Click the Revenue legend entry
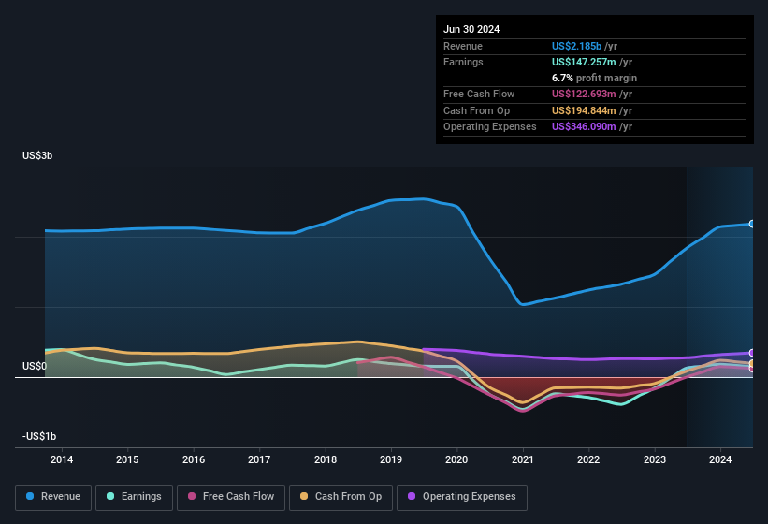tap(53, 496)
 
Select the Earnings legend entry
tap(134, 496)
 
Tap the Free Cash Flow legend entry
tap(231, 496)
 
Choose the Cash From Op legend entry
tap(341, 496)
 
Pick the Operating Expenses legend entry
tap(461, 496)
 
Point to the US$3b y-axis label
tap(37, 155)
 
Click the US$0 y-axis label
tap(35, 366)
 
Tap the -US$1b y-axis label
tap(39, 437)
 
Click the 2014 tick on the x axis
tap(62, 459)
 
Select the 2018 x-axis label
tap(326, 459)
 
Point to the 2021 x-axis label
tap(523, 459)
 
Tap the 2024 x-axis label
tap(720, 459)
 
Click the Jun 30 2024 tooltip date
tap(471, 29)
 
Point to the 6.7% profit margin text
tap(594, 78)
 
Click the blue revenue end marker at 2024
tap(752, 224)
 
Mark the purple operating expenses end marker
tap(752, 353)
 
